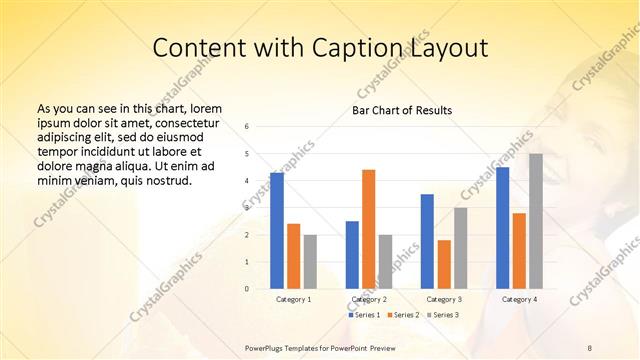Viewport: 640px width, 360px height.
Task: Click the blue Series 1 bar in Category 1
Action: [276, 230]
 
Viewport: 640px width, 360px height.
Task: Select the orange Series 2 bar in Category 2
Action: [368, 229]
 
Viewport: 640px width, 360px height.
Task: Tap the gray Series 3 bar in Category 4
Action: [536, 221]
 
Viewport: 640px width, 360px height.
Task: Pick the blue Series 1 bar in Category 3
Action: [427, 241]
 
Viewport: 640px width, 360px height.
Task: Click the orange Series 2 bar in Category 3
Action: [444, 264]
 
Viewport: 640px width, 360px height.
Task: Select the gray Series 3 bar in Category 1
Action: [310, 261]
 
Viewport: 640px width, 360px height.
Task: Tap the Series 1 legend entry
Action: [365, 315]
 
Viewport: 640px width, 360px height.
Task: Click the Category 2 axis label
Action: [369, 299]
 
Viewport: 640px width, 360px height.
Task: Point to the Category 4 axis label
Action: [518, 299]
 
